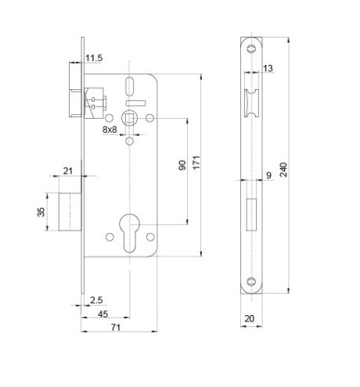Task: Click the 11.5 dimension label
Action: [94, 58]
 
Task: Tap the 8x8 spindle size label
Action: [110, 130]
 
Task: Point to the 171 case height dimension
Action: [196, 163]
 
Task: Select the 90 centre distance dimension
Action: [182, 165]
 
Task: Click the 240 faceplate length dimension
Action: [283, 170]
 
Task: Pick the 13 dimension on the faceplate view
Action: [268, 68]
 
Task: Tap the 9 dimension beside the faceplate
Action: [268, 175]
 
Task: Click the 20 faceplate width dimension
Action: [249, 318]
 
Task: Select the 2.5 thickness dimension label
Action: [96, 300]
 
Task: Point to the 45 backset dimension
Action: [103, 314]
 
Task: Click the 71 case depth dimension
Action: [116, 328]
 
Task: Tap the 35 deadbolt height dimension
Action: [41, 212]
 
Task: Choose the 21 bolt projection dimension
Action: [68, 171]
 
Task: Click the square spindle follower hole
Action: [130, 119]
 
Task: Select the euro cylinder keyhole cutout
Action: [129, 233]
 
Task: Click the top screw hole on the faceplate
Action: [251, 48]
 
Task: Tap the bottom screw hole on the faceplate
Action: [251, 281]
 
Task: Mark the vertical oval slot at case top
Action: [129, 87]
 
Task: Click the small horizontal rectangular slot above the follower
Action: [135, 103]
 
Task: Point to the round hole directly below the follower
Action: [129, 142]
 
